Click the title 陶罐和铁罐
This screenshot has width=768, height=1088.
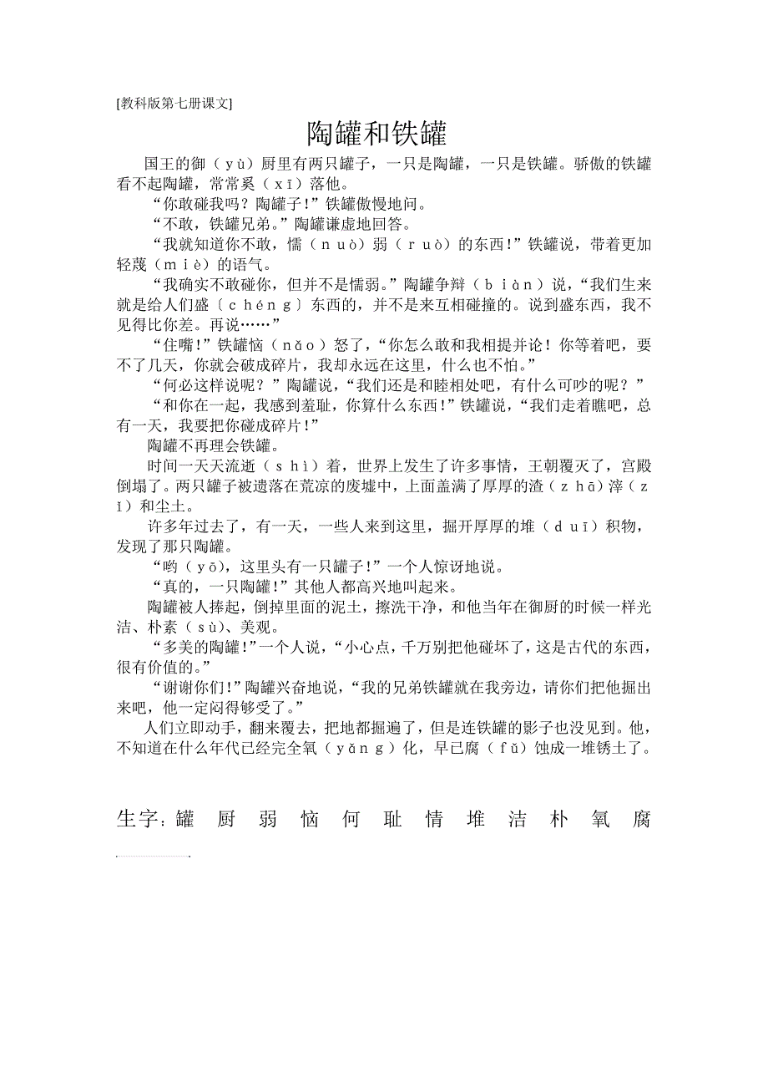point(377,134)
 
